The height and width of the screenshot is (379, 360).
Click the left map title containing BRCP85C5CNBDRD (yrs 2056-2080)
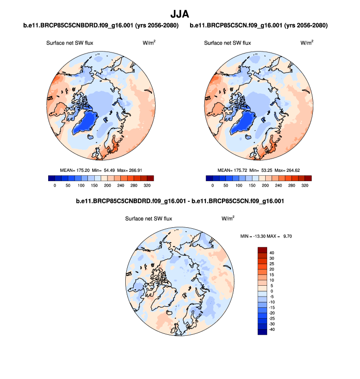click(100, 25)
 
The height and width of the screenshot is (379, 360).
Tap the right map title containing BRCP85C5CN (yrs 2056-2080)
click(258, 25)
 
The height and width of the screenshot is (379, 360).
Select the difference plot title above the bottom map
click(180, 201)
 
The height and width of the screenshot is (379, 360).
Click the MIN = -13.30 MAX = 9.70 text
click(267, 236)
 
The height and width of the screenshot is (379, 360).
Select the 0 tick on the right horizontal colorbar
click(213, 186)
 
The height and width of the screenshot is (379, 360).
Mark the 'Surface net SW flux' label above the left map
click(70, 43)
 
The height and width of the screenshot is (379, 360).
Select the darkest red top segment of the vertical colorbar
click(262, 249)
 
